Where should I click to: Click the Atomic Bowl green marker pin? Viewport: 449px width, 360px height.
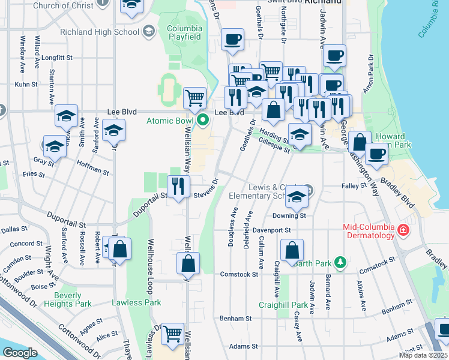coord(203,121)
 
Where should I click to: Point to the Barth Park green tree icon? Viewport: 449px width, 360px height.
coord(340,262)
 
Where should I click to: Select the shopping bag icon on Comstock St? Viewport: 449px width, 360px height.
coord(188,262)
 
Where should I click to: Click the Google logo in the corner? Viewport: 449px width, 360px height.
coord(19,353)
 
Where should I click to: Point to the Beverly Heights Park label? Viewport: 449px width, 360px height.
coord(72,299)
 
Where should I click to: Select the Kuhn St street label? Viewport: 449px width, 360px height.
coord(26,85)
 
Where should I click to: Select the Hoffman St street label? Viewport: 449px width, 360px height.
coord(93,167)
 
